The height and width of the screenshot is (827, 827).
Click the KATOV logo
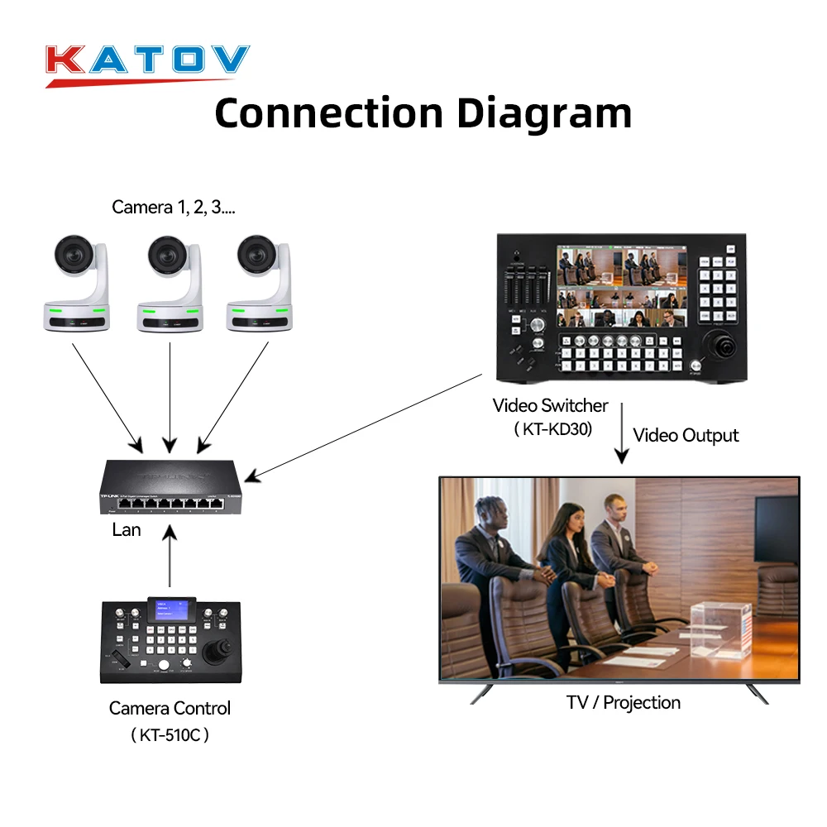(x=147, y=63)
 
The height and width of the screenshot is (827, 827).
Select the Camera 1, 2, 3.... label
(x=174, y=207)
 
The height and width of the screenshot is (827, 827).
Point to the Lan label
(x=127, y=530)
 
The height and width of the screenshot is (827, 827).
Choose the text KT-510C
(x=170, y=734)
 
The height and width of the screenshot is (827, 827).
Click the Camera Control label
(x=170, y=708)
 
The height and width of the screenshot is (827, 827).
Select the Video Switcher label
(x=550, y=406)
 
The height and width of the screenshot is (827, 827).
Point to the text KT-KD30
(x=552, y=429)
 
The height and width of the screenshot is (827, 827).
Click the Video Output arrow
(x=620, y=434)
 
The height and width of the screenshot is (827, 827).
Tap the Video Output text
(x=686, y=435)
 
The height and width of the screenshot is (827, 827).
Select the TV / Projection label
(x=624, y=703)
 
